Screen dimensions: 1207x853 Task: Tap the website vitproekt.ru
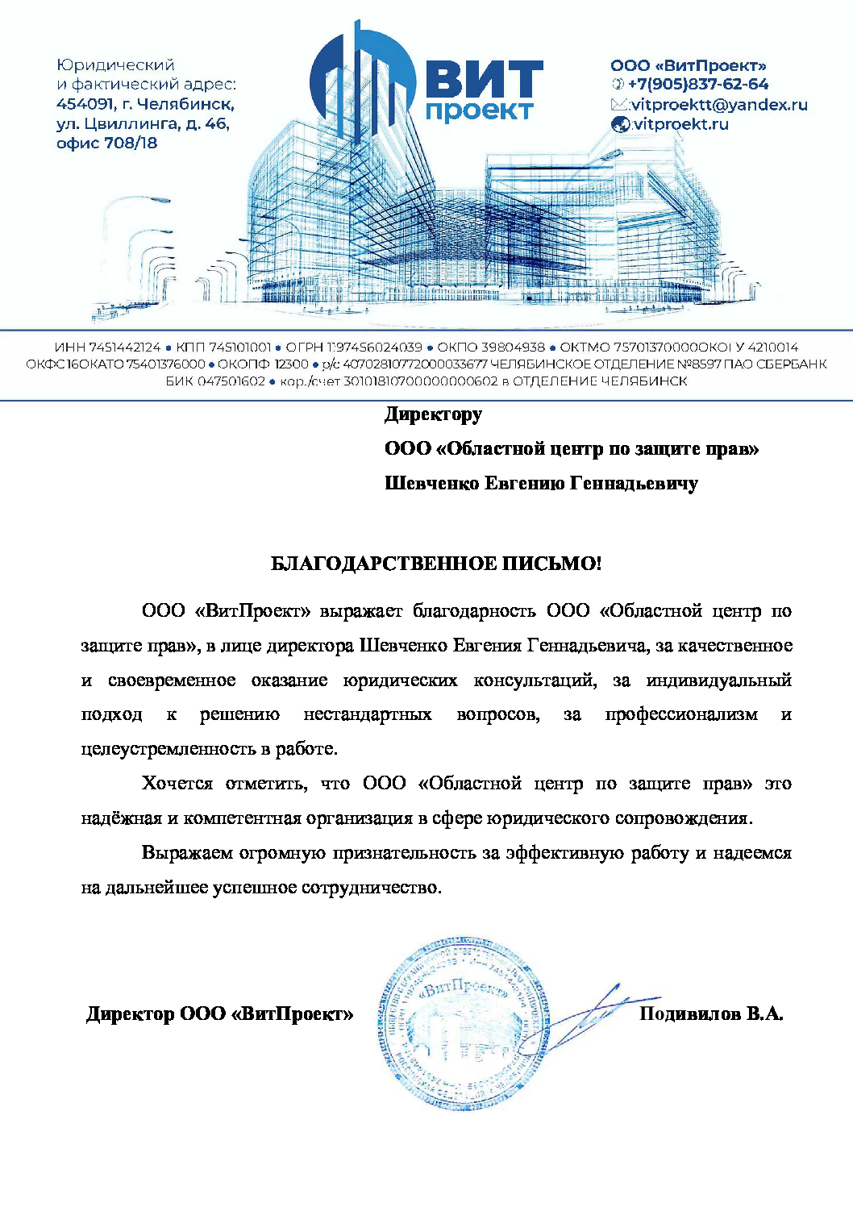coord(680,125)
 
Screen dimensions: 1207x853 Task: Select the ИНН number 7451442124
coord(125,348)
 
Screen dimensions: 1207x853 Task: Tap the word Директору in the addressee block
coord(433,414)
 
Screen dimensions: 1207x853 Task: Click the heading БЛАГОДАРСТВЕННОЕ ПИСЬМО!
coord(435,564)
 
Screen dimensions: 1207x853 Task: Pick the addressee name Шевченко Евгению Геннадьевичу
coord(541,484)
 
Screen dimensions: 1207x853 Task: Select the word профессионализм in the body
coord(681,714)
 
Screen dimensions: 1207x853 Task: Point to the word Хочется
coord(177,784)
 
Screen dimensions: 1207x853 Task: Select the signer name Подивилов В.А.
coord(711,1014)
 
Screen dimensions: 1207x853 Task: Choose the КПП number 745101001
coord(239,348)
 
